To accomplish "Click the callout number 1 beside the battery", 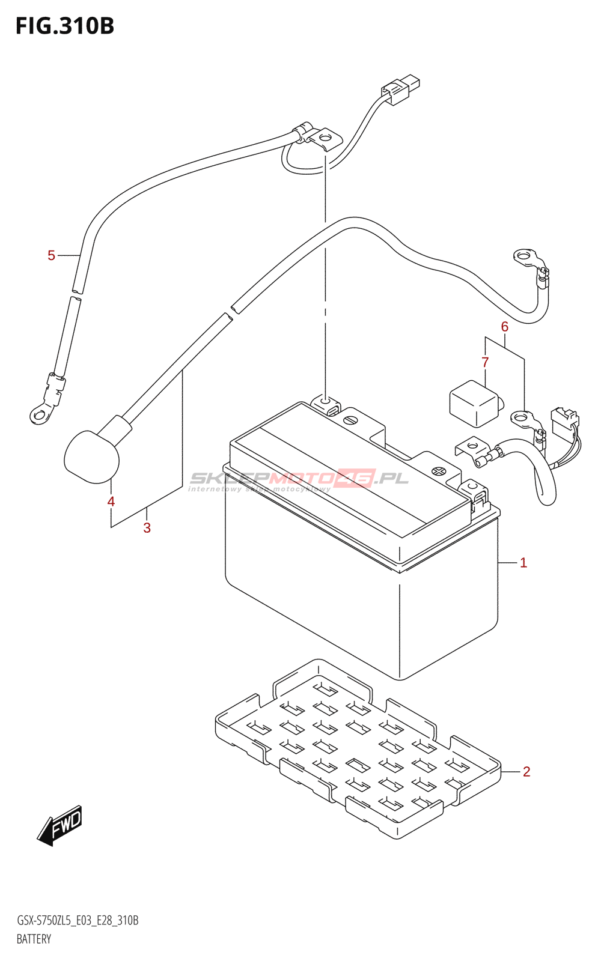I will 523,563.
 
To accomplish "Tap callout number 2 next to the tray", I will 526,771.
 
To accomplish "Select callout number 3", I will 147,528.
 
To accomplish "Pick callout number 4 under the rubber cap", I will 111,502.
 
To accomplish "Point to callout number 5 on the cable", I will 52,256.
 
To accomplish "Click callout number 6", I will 505,327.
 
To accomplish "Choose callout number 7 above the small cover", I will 485,362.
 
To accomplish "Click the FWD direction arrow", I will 60,825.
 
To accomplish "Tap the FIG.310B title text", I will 65,26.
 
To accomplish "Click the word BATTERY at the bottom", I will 34,939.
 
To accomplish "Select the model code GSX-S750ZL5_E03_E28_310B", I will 78,921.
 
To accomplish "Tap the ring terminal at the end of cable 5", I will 40,413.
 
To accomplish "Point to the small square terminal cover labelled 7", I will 474,403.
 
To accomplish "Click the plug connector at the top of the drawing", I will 400,89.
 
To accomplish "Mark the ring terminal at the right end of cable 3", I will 525,256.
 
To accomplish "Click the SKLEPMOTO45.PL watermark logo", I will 299,479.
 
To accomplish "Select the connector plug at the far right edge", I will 564,420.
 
